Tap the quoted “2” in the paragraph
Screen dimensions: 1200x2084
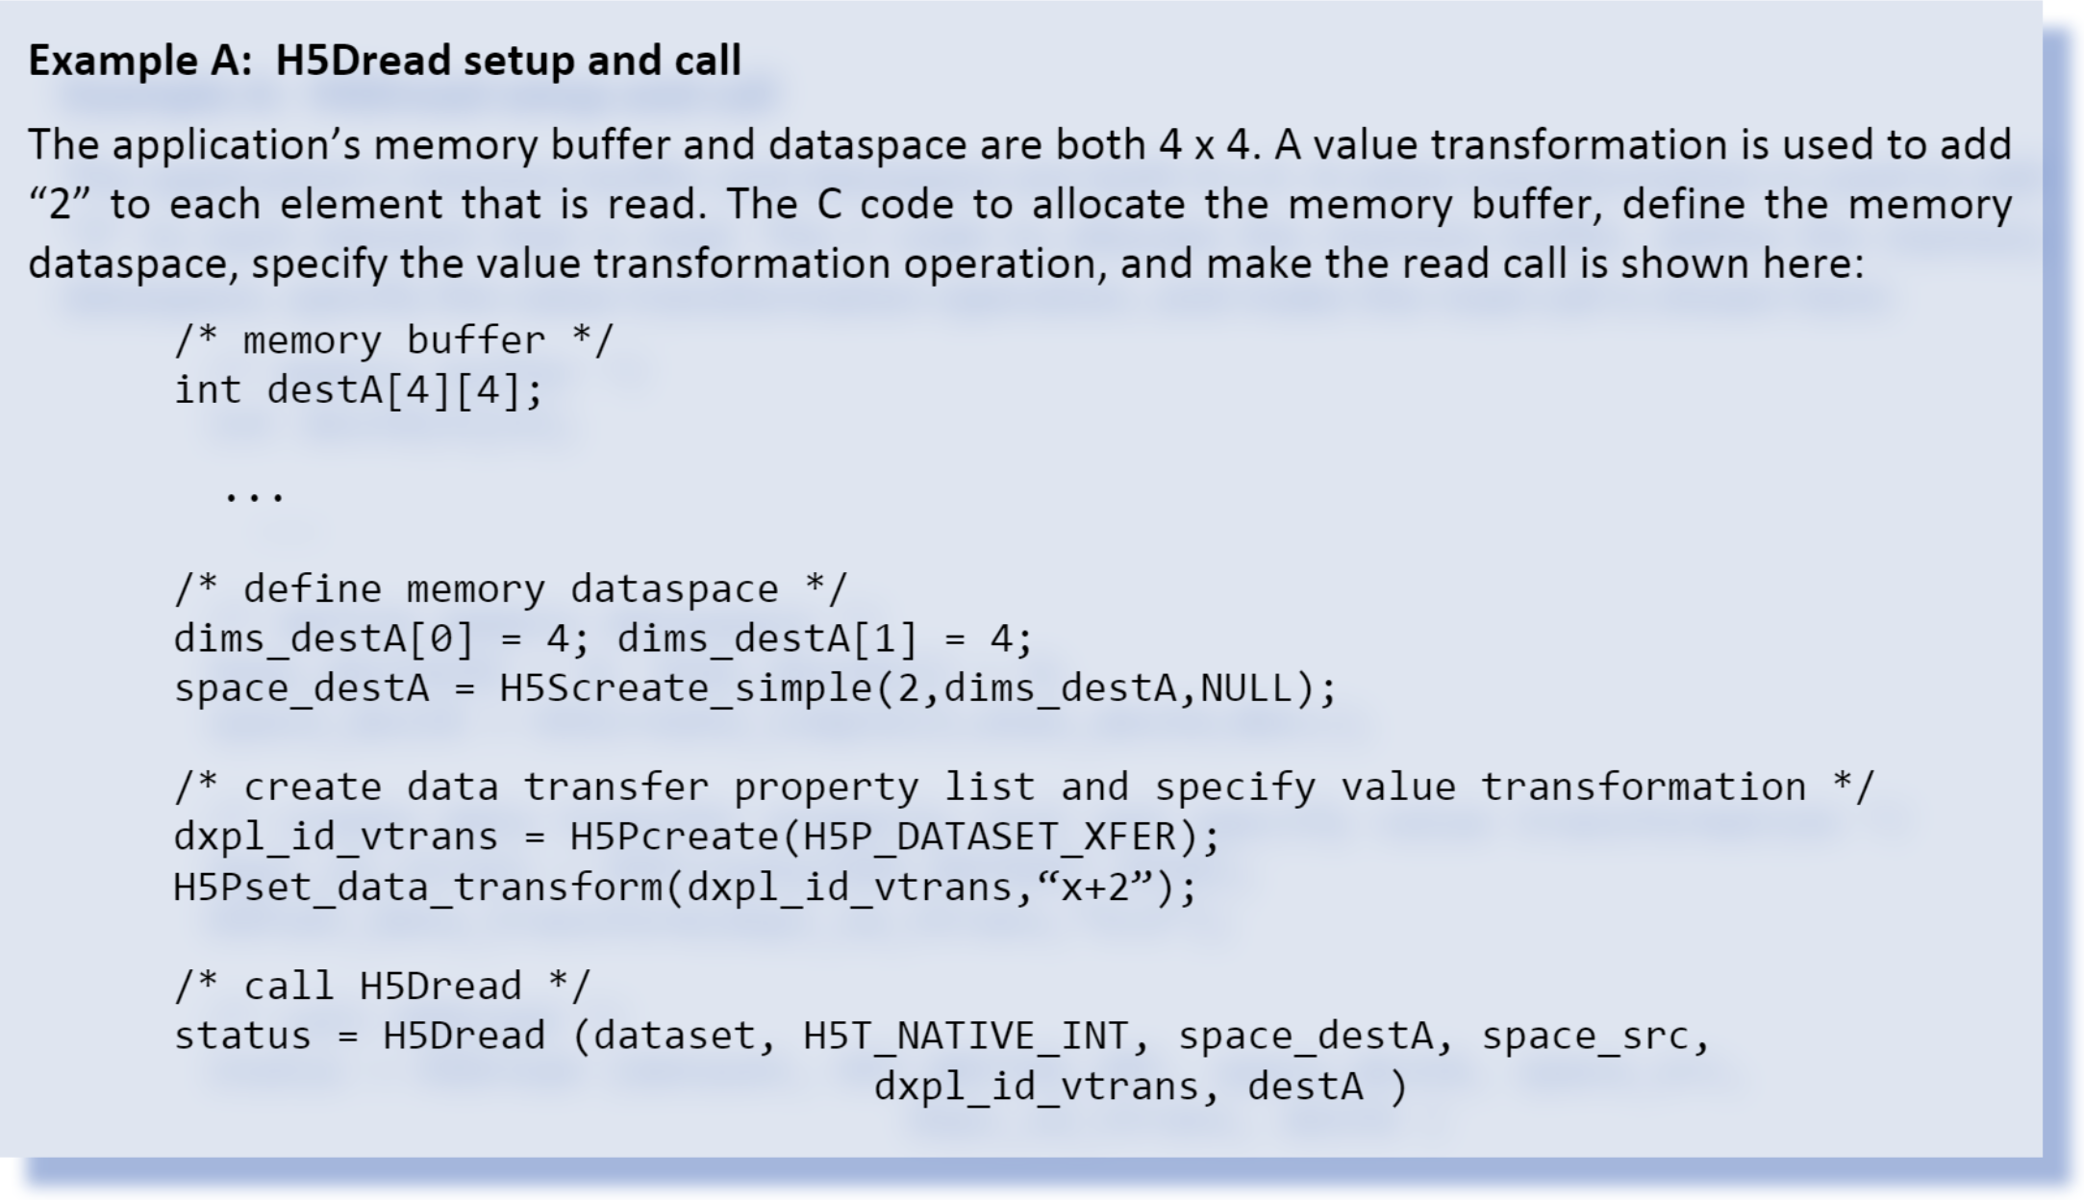tap(60, 205)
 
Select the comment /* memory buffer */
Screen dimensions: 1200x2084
tap(392, 341)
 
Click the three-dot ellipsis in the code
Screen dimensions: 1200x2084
tap(254, 496)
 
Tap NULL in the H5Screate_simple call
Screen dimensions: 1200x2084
tap(1246, 688)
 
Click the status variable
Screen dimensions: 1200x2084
tap(242, 1037)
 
